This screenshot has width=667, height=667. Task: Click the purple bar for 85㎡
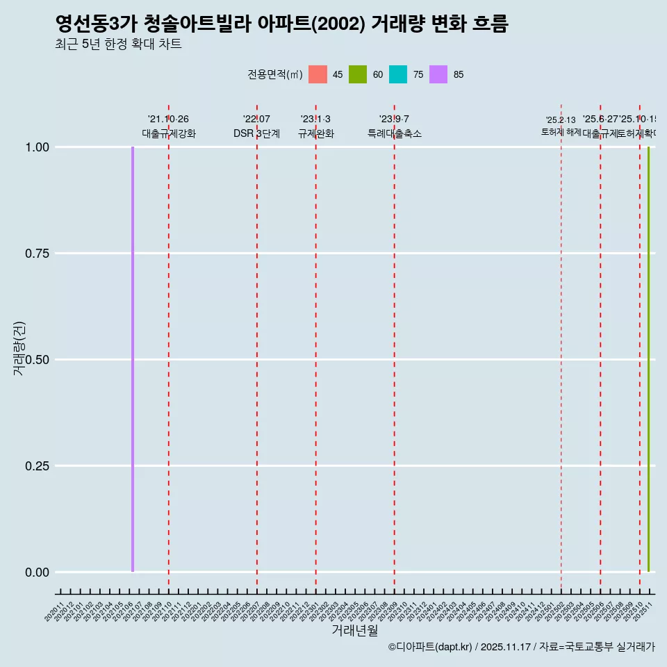pos(133,359)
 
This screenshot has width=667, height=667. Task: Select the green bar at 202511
pos(649,359)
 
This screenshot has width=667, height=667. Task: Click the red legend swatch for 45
pos(318,74)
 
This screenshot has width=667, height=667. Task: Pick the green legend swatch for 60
pos(358,74)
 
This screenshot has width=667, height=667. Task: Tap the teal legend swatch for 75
pos(398,74)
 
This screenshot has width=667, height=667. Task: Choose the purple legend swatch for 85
pos(438,74)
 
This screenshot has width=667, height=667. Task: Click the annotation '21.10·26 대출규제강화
pos(168,126)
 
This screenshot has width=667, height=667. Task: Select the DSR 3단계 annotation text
pos(256,133)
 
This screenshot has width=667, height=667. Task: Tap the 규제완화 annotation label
pos(315,133)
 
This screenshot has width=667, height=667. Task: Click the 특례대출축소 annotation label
pos(394,133)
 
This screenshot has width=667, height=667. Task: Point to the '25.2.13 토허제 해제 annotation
pos(561,126)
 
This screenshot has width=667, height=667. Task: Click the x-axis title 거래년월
pos(354,630)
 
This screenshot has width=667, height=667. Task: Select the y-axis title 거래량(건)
pos(19,349)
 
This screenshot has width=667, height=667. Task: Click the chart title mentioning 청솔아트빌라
pos(281,24)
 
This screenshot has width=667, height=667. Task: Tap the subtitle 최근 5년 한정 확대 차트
pos(118,44)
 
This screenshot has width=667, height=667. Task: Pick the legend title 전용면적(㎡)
pos(275,74)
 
